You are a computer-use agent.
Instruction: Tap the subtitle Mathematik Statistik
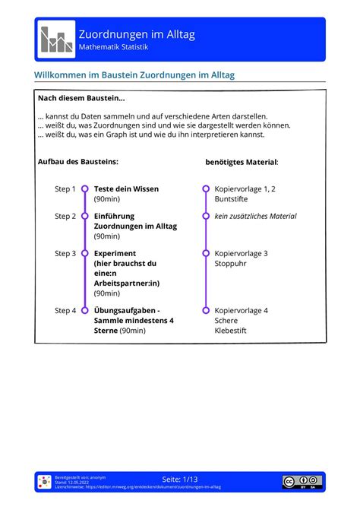(113, 47)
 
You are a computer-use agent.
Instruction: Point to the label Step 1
(65, 188)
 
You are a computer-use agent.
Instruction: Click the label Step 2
(65, 216)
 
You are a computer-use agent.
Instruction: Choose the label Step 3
(65, 253)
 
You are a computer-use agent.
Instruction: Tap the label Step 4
(65, 310)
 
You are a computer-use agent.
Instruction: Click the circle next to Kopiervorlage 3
(205, 253)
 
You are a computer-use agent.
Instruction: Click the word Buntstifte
(232, 199)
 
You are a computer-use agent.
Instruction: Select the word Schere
(226, 321)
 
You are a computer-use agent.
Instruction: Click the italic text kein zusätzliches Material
(255, 216)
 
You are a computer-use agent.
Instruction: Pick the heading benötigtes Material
(242, 162)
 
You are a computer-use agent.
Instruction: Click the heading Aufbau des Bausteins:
(77, 161)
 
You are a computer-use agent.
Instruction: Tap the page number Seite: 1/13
(180, 479)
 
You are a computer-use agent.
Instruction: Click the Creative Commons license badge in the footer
(302, 480)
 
